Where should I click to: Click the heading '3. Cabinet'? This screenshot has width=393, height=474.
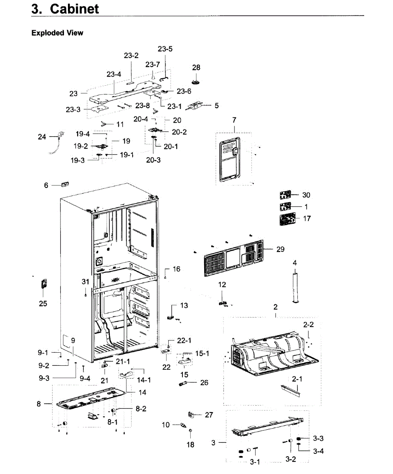tap(65, 9)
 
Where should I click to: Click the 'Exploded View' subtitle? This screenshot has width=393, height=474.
tap(57, 33)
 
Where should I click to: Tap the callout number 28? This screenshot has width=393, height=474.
tap(196, 68)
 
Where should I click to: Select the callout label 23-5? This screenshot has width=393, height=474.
tap(165, 49)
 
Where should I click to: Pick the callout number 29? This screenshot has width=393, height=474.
tap(280, 249)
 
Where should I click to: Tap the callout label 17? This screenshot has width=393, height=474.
tap(307, 218)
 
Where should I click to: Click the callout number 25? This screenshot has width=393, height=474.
tap(43, 303)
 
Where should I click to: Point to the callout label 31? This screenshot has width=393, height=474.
tap(86, 281)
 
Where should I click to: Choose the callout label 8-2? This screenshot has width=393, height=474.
tap(141, 409)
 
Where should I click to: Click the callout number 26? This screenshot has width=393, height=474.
tap(204, 382)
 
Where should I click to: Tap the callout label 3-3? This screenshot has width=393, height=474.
tap(318, 438)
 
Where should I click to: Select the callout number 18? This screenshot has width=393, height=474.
tap(190, 445)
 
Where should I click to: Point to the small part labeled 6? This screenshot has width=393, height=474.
tap(65, 184)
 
